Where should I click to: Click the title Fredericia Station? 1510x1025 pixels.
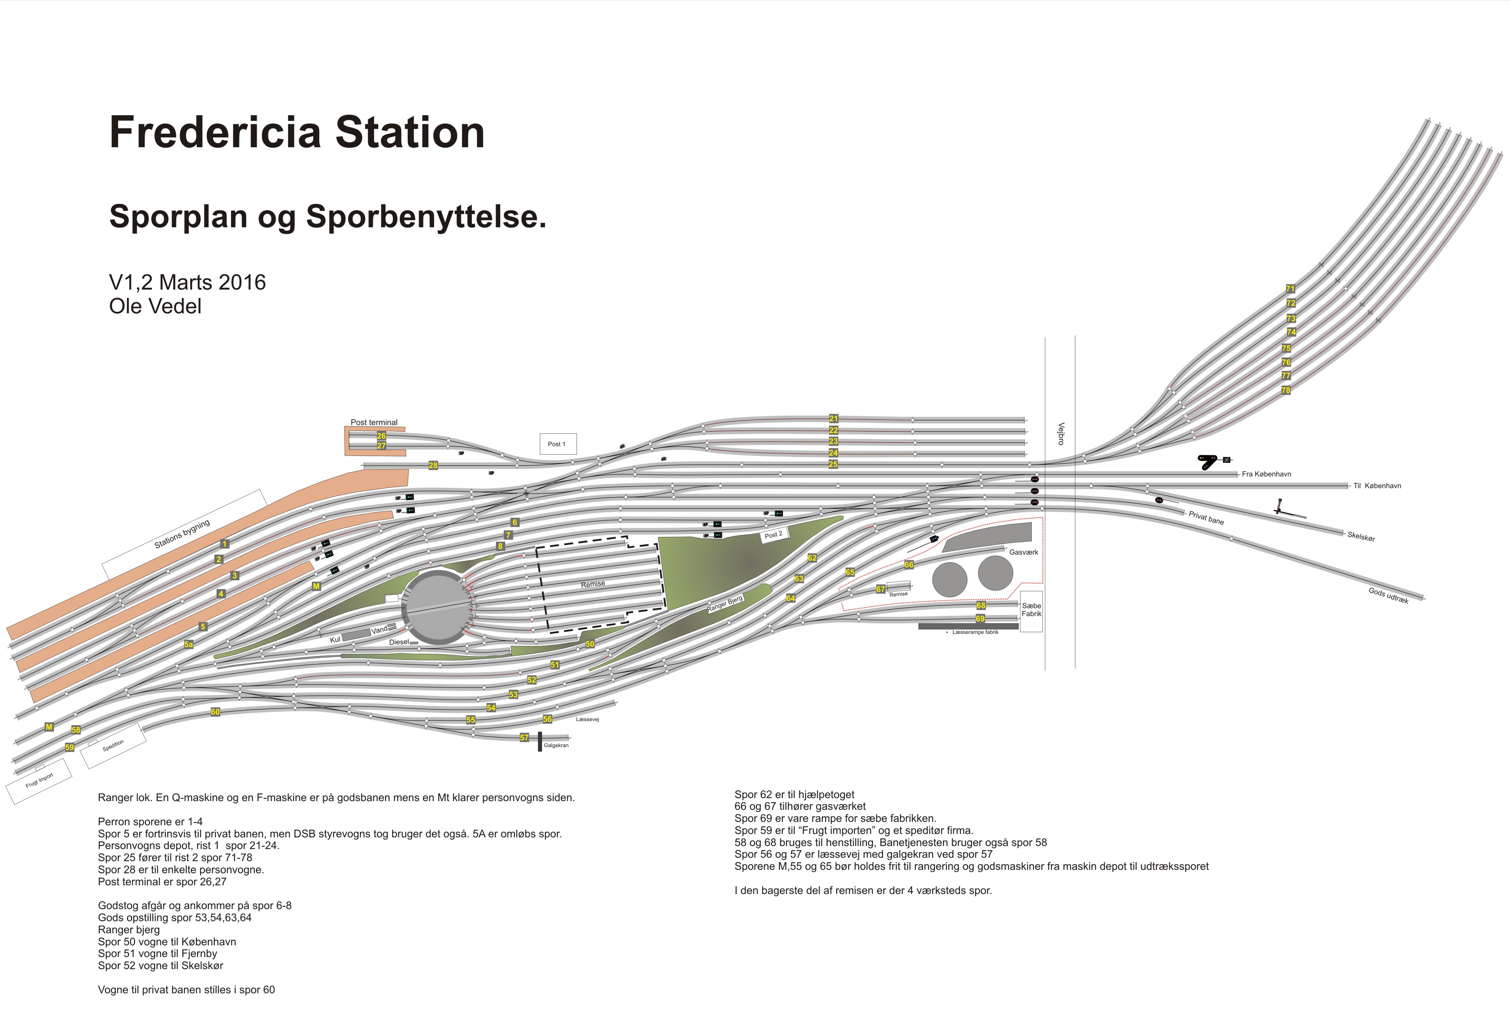tap(297, 133)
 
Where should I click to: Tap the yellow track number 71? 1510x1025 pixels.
tap(1290, 288)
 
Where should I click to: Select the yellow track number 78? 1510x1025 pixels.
tap(1286, 390)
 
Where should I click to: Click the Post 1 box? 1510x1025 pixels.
tap(558, 444)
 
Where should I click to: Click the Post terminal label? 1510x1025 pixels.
tap(374, 422)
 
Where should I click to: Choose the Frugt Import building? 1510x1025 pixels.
tap(39, 781)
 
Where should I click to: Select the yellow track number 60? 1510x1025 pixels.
tap(215, 712)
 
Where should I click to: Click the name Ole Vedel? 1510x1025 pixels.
tap(155, 306)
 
